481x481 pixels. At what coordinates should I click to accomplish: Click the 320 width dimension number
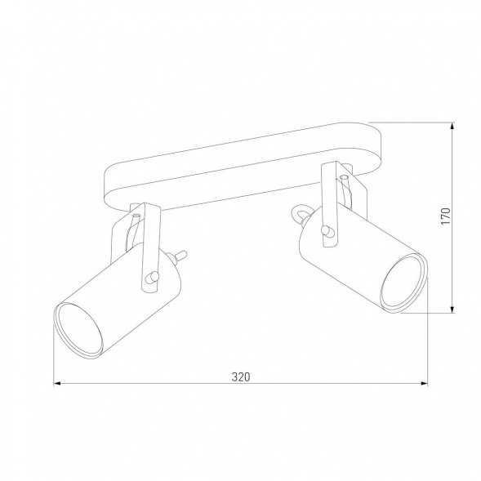pyautogui.click(x=239, y=377)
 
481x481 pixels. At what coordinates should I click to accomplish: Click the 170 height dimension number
pyautogui.click(x=445, y=216)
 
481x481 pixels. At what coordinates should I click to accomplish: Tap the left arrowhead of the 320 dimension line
pyautogui.click(x=57, y=384)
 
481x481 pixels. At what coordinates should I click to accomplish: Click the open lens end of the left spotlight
pyautogui.click(x=78, y=330)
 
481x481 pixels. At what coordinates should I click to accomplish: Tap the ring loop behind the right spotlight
pyautogui.click(x=300, y=214)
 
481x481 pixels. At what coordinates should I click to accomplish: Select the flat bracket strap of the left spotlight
pyautogui.click(x=148, y=245)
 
